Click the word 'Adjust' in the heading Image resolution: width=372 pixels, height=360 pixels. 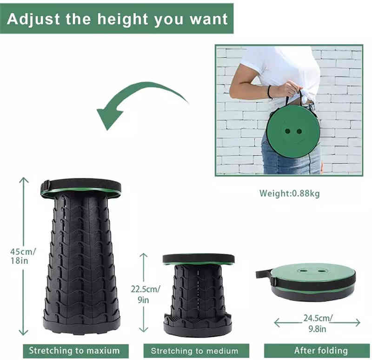click(33, 19)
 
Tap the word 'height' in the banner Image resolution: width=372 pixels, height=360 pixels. click(123, 19)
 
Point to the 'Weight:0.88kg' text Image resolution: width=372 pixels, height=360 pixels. click(289, 193)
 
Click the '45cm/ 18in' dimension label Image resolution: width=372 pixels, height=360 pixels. click(23, 256)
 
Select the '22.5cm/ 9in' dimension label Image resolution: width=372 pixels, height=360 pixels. click(145, 294)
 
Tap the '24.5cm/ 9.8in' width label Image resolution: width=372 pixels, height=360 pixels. click(318, 323)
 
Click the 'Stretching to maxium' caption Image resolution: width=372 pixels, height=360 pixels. click(74, 351)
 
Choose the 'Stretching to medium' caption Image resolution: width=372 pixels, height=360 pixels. click(194, 351)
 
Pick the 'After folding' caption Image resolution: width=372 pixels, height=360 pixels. click(321, 350)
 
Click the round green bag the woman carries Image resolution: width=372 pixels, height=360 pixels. click(293, 131)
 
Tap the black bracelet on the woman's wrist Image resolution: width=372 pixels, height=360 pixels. click(270, 92)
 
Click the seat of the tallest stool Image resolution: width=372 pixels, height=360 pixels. click(81, 187)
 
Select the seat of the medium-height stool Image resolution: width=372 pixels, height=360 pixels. click(199, 259)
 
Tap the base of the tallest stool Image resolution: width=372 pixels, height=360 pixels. click(81, 326)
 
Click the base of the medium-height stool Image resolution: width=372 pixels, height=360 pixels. click(198, 329)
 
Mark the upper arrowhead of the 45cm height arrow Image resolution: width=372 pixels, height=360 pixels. click(24, 180)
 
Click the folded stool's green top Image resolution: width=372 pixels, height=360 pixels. click(312, 272)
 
